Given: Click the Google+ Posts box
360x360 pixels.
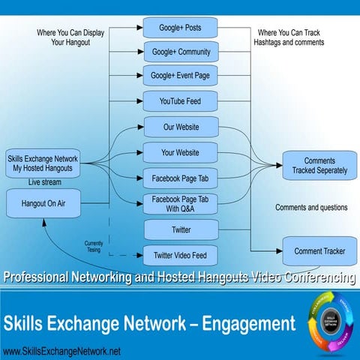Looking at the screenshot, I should pos(180,28).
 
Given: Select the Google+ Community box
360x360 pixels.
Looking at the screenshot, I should pos(180,52).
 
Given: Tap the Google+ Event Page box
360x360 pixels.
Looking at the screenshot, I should pos(180,76).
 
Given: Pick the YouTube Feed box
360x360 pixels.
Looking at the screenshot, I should pos(180,100).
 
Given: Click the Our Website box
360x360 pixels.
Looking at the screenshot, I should pos(180,126).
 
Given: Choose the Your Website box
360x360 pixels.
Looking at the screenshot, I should pos(180,152).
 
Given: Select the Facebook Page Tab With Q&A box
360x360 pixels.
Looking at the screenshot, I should pos(180,204).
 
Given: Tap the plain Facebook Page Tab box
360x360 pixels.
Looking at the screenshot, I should pos(180,179).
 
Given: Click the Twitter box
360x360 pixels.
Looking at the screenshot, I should pos(180,229).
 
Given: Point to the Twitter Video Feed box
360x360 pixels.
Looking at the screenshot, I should pos(180,255).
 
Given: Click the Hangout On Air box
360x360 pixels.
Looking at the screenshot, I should pos(42,202).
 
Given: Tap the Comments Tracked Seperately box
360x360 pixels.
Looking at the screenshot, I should pos(319,166).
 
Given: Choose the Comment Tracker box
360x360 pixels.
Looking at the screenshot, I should pos(319,251).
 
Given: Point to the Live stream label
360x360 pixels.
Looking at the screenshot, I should pos(45,182).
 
